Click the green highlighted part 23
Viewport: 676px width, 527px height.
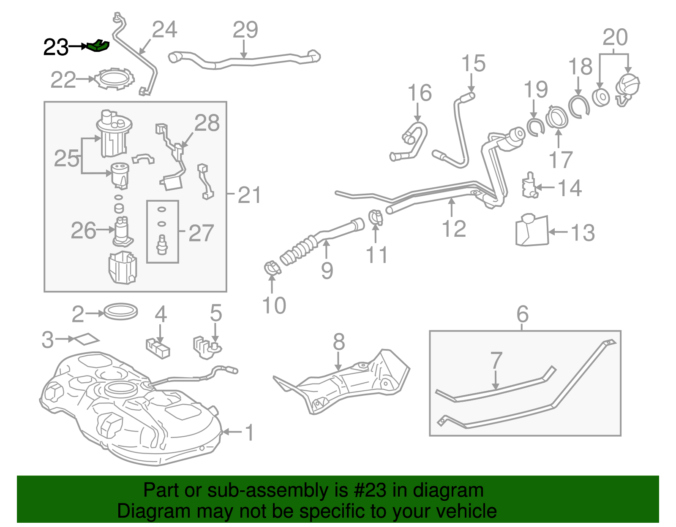coord(98,46)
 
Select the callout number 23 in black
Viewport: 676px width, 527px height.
coord(55,47)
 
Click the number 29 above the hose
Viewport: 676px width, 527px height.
coord(245,30)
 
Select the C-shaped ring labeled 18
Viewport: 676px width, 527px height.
coord(578,107)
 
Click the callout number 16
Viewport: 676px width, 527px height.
coord(419,93)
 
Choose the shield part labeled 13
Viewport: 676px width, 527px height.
coord(532,231)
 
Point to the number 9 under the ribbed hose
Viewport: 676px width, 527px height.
coord(327,270)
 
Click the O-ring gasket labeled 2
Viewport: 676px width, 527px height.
coord(121,312)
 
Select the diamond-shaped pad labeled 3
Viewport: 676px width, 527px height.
coord(86,339)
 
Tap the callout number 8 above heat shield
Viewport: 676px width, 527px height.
coord(338,342)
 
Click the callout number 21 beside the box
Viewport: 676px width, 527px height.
coord(249,195)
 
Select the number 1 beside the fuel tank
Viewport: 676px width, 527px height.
coord(249,433)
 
